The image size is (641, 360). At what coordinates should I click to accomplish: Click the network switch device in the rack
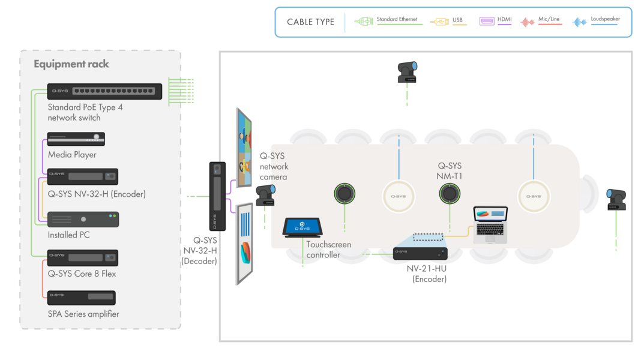pos(105,91)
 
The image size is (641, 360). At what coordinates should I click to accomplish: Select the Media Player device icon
pos(76,139)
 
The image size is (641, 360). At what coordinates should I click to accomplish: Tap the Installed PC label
pos(68,235)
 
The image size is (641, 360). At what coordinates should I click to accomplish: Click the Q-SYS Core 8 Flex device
pos(83,258)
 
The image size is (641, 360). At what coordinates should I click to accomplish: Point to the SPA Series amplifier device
pos(82,298)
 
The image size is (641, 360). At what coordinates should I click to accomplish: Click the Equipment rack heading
pos(71,64)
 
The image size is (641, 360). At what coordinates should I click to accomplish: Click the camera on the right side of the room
pos(616,199)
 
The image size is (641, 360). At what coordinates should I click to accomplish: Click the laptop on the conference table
pos(490,225)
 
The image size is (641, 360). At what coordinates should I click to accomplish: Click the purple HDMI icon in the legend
pos(487,21)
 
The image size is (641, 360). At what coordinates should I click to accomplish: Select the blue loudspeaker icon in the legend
pos(579,22)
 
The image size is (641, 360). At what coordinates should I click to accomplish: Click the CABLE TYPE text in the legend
pos(310,22)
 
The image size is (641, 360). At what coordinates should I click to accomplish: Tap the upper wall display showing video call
pos(245,148)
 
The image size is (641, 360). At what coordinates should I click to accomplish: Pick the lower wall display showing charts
pos(245,242)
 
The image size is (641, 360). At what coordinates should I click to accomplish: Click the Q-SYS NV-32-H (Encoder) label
pos(97,194)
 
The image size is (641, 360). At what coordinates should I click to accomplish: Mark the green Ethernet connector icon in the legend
pos(364,22)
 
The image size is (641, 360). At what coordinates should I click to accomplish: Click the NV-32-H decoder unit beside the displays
pos(217,196)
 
